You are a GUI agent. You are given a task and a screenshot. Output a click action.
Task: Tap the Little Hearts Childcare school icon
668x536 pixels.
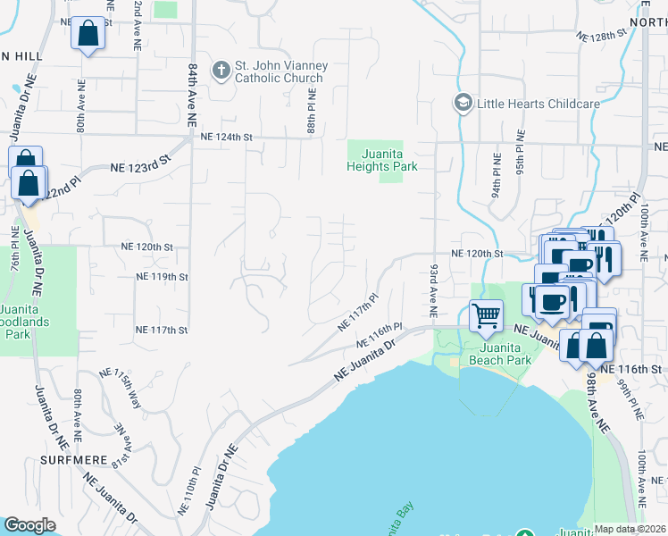click(463, 104)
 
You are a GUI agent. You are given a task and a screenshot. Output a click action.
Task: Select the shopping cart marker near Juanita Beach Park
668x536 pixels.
click(485, 314)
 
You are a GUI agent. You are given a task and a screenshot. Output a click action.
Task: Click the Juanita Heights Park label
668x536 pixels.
click(383, 160)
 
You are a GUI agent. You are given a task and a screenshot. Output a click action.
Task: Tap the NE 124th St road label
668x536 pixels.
click(228, 137)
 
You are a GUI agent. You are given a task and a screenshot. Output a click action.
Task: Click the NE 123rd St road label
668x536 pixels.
click(139, 167)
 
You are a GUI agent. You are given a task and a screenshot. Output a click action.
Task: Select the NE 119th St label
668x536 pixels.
click(162, 277)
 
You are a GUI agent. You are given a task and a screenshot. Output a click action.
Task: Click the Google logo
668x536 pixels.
click(29, 525)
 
